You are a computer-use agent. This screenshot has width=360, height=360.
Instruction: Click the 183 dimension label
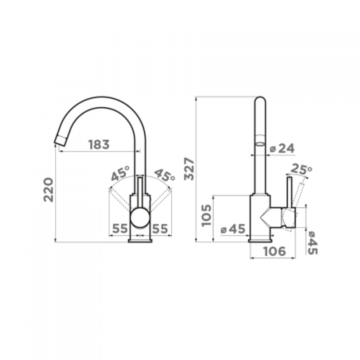(99, 144)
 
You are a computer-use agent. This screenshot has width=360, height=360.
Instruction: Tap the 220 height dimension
(49, 190)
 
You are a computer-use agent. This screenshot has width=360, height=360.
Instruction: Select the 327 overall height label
(190, 169)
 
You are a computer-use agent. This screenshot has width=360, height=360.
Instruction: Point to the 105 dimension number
(206, 215)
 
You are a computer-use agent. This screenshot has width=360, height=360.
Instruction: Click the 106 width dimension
(274, 251)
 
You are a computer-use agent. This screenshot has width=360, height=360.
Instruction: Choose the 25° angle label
(301, 169)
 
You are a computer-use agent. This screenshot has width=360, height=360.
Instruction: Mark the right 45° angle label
(164, 175)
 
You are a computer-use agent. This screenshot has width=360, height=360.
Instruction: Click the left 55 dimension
(120, 229)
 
